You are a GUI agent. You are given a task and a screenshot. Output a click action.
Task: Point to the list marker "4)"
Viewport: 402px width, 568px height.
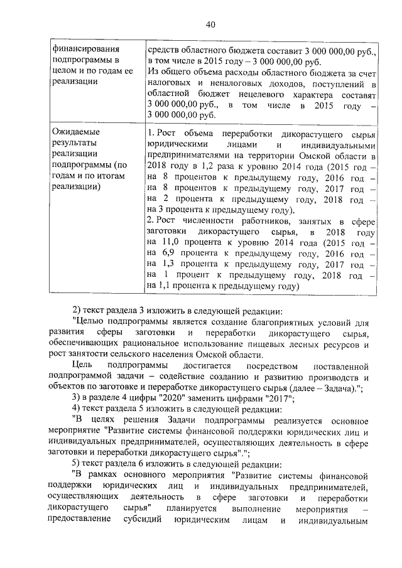[x=77, y=410]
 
